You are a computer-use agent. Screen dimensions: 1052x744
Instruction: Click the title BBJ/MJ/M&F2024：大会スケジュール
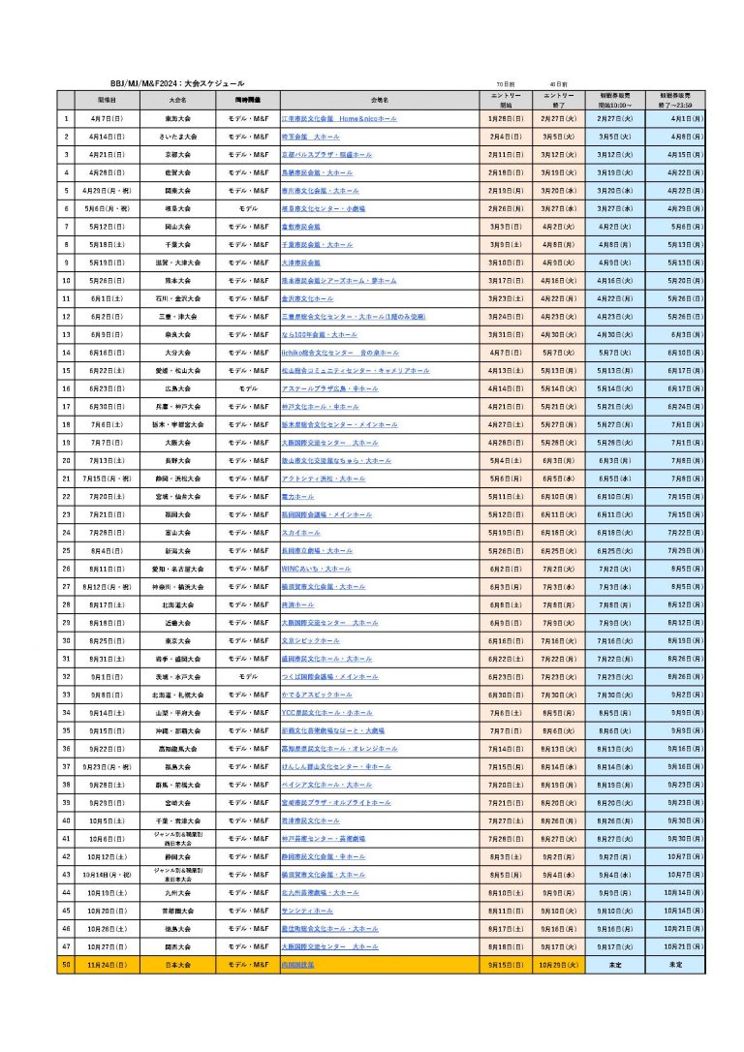(x=176, y=84)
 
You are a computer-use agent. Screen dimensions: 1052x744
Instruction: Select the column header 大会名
(x=177, y=100)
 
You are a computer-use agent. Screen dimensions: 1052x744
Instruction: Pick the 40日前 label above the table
(x=558, y=85)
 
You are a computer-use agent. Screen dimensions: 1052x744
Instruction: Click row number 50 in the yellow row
(x=66, y=966)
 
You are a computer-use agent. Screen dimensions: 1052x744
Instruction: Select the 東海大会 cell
(x=177, y=118)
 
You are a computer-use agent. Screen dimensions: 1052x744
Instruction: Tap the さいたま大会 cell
(x=177, y=137)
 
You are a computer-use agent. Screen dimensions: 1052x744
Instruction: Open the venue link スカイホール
(x=300, y=533)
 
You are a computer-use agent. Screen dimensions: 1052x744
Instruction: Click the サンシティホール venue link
(x=306, y=912)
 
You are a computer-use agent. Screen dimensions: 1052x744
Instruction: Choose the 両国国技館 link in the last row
(x=297, y=966)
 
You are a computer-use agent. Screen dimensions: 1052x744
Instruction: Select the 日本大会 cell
(x=177, y=966)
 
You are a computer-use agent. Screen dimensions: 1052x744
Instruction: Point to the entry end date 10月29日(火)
(x=558, y=966)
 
